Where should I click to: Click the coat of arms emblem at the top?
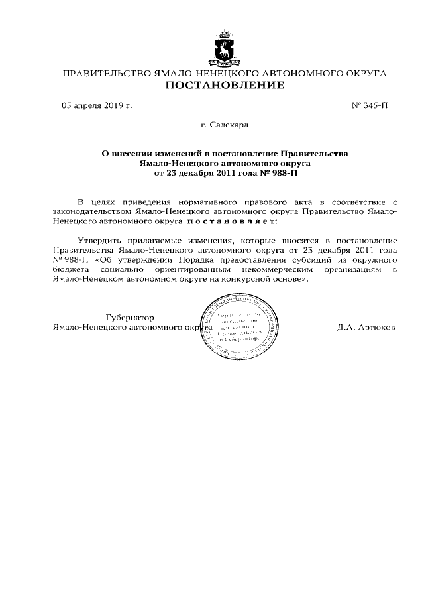[224, 49]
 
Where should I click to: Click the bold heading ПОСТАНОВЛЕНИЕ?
[224, 85]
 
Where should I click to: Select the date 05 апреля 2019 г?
[97, 105]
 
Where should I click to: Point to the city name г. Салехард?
[224, 124]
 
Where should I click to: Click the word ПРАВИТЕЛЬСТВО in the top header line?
[106, 72]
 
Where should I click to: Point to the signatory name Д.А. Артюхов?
[366, 328]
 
